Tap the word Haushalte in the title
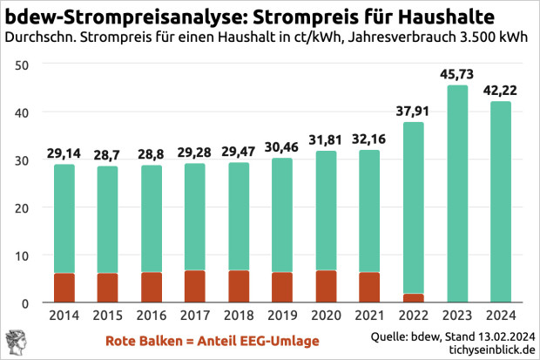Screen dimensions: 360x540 [x=440, y=16]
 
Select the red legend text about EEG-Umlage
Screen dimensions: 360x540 [x=212, y=340]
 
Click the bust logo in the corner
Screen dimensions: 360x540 [x=16, y=341]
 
